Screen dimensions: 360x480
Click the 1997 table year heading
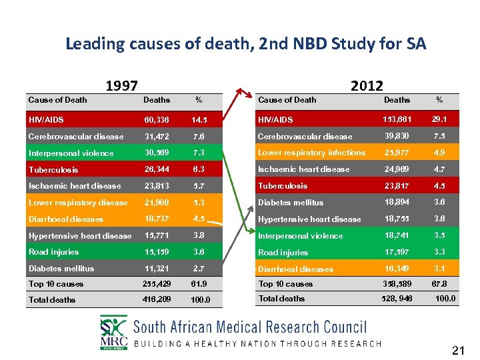click(122, 85)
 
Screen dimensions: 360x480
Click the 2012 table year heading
click(367, 85)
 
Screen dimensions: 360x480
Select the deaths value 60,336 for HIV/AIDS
click(157, 120)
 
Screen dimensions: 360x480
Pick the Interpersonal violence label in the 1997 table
click(71, 153)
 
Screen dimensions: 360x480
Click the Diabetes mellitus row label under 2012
click(291, 203)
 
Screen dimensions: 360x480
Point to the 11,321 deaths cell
click(157, 269)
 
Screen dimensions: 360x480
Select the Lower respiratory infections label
click(311, 153)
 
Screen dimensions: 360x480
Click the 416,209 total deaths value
click(157, 299)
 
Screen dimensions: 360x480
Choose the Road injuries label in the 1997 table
click(53, 252)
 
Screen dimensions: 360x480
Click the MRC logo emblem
click(113, 331)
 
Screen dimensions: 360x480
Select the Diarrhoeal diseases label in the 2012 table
click(295, 269)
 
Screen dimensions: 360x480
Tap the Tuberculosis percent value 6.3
click(198, 169)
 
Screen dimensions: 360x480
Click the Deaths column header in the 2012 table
click(397, 100)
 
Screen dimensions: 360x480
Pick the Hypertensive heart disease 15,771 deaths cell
click(157, 235)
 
